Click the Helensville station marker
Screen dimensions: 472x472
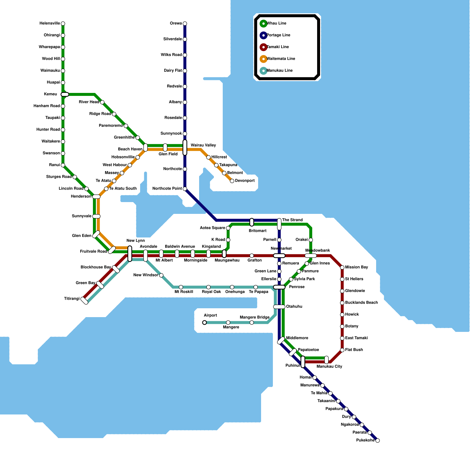tap(63, 24)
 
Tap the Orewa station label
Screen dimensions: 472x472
tap(176, 24)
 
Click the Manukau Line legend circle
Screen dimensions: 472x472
tap(263, 71)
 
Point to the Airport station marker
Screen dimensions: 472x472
tap(204, 322)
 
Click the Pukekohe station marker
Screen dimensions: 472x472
tap(377, 440)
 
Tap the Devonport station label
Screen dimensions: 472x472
tap(245, 181)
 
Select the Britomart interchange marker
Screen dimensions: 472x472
tap(252, 222)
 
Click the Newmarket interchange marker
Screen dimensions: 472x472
tap(279, 256)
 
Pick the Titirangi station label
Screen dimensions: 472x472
tap(72, 299)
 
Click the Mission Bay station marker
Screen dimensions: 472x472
tap(342, 268)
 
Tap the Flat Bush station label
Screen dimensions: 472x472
tap(354, 350)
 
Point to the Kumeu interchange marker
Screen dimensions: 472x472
tap(65, 94)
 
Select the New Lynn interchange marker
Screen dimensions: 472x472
tap(130, 253)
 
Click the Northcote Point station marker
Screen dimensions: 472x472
tap(185, 189)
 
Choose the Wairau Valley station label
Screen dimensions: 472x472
tap(203, 145)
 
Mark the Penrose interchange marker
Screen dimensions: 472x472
tap(279, 287)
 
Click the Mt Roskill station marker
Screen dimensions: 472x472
tap(181, 287)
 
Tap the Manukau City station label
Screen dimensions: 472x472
tap(329, 366)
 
